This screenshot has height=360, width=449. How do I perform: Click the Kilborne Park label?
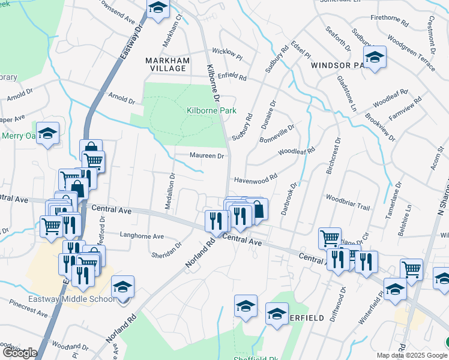(211, 110)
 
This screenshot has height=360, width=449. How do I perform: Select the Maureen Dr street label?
(206, 156)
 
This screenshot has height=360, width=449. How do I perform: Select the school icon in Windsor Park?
(375, 58)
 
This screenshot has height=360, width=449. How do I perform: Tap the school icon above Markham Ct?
(157, 8)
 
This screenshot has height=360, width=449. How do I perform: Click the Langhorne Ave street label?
(142, 236)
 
